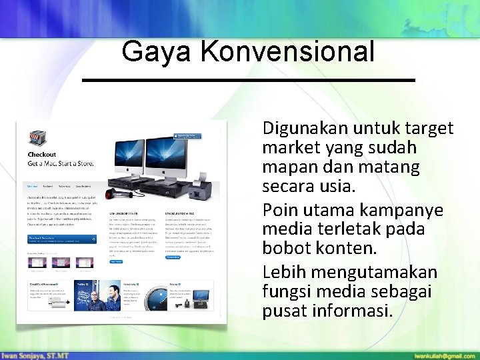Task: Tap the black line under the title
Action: click(x=248, y=80)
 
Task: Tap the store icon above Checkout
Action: click(x=37, y=139)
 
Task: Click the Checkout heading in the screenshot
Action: click(x=41, y=155)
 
